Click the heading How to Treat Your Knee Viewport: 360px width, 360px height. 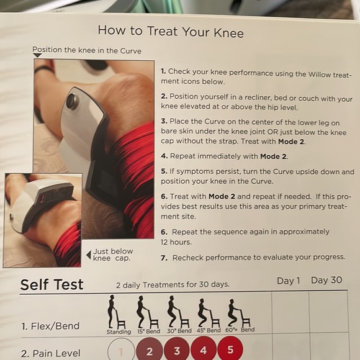pos(171,32)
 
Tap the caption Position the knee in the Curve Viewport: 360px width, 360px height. pos(87,50)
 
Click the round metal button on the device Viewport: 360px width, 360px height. pos(73,101)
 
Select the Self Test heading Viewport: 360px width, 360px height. pos(52,285)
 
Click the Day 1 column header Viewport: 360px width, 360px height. pos(289,281)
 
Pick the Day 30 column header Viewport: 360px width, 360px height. pos(326,280)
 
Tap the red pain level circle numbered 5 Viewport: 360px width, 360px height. pos(230,350)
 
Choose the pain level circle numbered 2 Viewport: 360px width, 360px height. pos(150,350)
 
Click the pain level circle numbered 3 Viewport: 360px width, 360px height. pos(177,350)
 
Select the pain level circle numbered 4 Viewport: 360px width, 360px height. pos(204,350)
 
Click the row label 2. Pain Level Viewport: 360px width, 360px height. pos(50,353)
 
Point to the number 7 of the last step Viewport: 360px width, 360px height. pos(164,257)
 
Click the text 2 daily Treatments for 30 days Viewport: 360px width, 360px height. pos(173,285)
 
